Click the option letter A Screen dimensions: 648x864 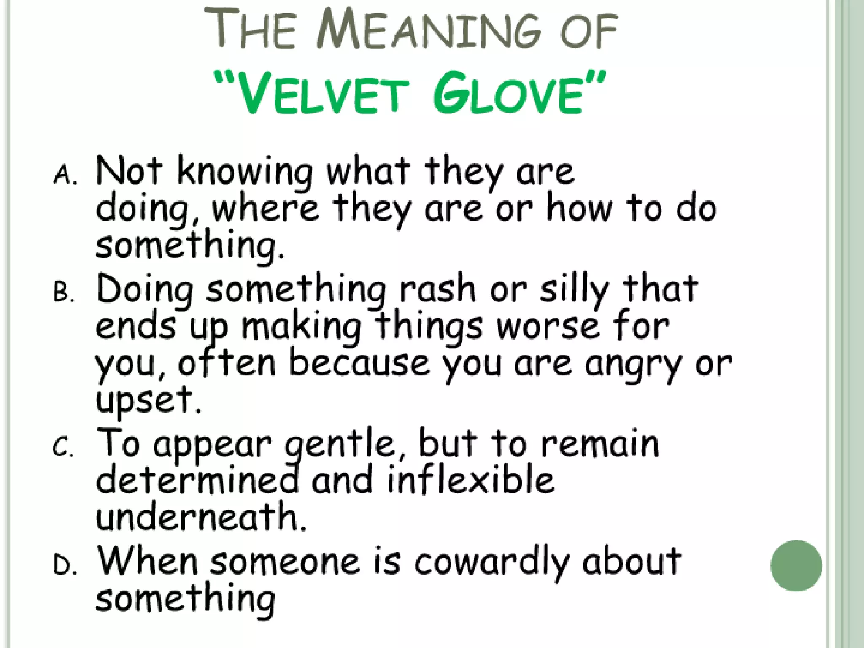65,175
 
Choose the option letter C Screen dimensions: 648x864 63,448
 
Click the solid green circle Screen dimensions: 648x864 796,566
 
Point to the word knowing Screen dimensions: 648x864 245,173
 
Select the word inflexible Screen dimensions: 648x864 470,481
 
